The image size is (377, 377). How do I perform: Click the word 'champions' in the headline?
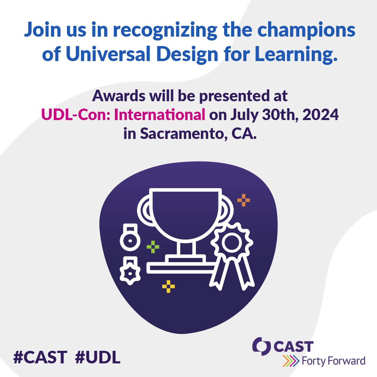point(306,30)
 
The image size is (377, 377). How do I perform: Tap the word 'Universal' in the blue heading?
point(108,53)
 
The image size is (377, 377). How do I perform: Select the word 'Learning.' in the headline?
point(296,55)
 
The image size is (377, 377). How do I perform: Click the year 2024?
point(320,114)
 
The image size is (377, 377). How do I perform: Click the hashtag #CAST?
point(40,357)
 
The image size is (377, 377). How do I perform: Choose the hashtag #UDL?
point(98,357)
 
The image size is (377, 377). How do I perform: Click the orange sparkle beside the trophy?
point(244,200)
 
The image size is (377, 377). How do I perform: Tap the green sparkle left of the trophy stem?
point(153,247)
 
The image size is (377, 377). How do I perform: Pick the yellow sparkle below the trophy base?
point(169,286)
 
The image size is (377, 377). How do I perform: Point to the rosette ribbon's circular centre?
point(232,243)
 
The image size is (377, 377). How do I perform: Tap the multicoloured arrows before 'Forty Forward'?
point(291,361)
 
